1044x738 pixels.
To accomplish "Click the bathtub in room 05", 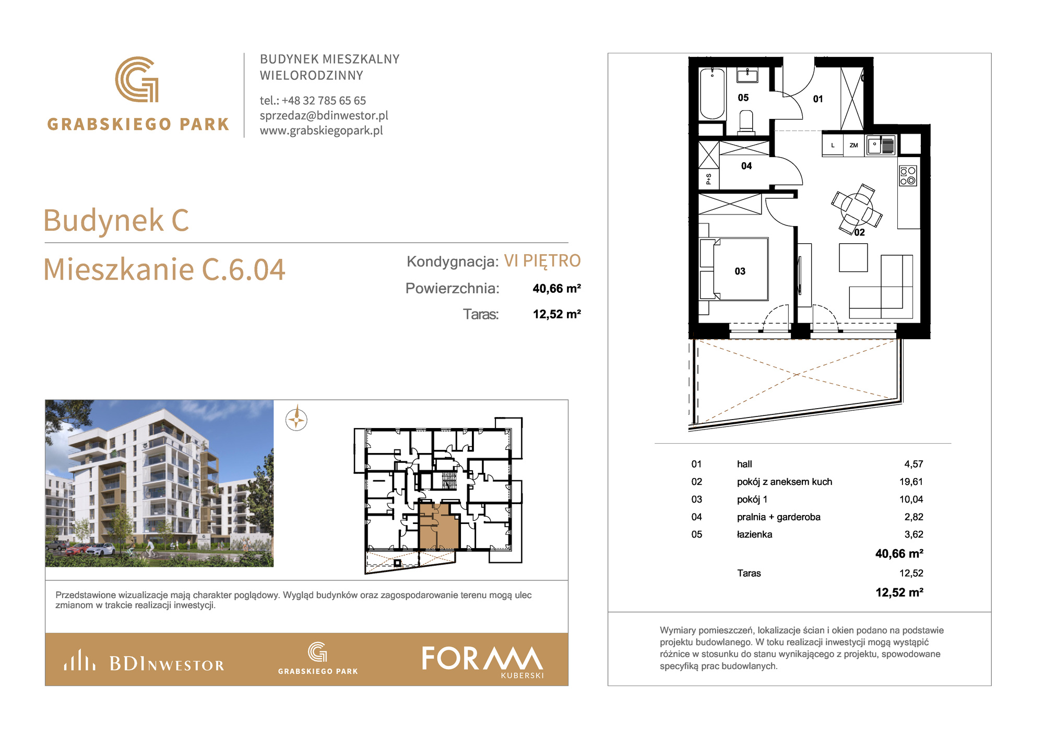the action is [712, 94].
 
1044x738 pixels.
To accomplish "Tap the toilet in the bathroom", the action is [746, 120].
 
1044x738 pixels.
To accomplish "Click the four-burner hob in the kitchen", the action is [908, 175].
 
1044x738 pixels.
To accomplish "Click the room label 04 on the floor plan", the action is [746, 166].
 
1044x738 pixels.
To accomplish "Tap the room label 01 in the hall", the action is [818, 99].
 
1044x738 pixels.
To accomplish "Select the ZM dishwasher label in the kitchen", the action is [853, 145].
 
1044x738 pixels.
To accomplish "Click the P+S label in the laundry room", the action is [708, 179].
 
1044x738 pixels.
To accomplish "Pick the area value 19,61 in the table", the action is [911, 482].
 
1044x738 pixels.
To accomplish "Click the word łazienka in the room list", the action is [754, 534].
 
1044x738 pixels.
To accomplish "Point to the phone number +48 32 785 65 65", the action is [324, 100].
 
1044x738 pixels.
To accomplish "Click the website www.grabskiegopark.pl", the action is [322, 130].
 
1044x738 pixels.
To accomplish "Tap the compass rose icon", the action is [296, 420].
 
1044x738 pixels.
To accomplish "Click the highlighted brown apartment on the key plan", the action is [439, 527].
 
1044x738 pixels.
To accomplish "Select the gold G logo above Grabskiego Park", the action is [137, 79].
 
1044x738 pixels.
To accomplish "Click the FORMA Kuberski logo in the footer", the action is [483, 661].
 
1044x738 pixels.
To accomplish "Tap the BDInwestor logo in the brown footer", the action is [144, 661].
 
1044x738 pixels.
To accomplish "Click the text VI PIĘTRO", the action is [542, 260].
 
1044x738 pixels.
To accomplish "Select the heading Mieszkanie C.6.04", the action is [164, 269].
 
